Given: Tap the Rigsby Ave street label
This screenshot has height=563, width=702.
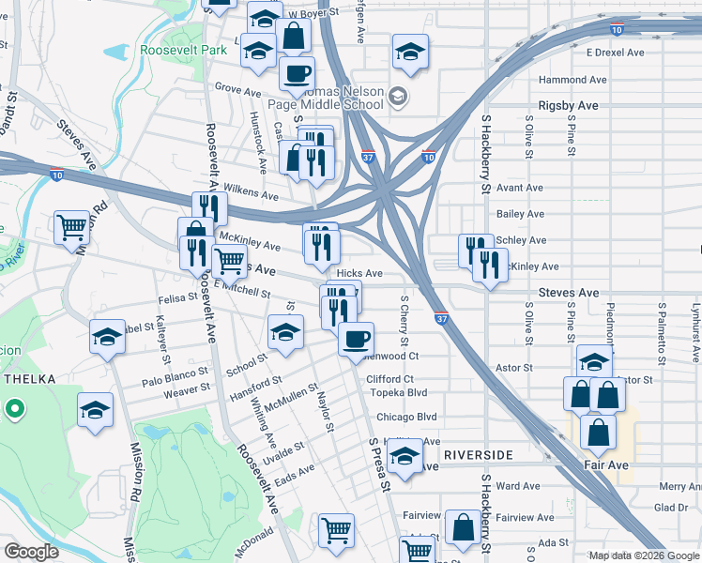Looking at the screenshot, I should [x=568, y=106].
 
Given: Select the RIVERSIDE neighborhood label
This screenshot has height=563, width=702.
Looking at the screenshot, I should [x=479, y=455].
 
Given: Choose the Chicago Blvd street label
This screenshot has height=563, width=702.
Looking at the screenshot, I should [x=406, y=417].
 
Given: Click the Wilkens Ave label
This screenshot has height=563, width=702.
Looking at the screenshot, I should [x=250, y=195].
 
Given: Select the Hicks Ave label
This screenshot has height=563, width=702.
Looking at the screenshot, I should [x=359, y=273].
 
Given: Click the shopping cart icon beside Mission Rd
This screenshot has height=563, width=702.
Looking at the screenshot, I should [x=72, y=226].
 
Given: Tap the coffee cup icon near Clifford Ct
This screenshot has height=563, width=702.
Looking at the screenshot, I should [x=356, y=339].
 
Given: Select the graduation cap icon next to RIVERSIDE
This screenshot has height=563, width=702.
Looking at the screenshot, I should [x=404, y=458].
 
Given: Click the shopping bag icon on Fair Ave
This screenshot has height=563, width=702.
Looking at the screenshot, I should [x=597, y=433].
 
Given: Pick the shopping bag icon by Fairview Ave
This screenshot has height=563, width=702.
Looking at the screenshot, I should [x=463, y=527].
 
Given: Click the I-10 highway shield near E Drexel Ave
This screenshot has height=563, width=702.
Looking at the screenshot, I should [x=616, y=30].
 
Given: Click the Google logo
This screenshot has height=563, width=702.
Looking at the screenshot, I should [x=30, y=552].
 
